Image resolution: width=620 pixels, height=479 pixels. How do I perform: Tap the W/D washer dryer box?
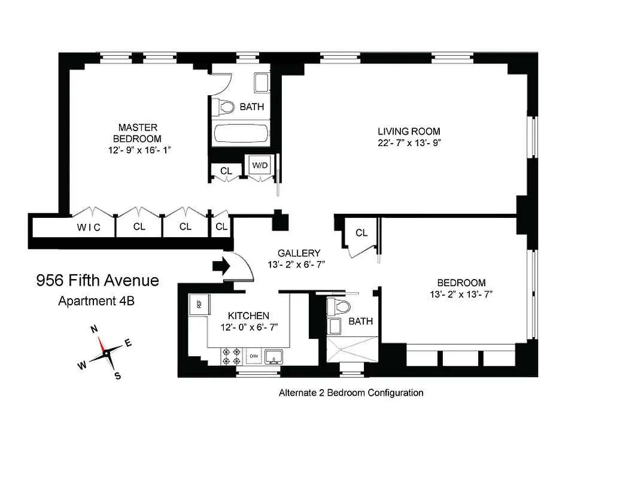260,165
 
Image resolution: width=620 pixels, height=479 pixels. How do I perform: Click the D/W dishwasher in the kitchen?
253,356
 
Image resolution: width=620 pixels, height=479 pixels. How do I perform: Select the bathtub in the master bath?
241,133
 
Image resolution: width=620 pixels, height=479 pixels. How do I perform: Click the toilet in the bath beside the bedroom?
340,307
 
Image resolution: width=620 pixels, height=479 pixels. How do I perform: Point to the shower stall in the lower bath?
353,349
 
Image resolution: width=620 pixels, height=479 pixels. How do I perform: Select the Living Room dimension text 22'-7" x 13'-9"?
409,143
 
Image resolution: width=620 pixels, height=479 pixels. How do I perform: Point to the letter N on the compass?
94,329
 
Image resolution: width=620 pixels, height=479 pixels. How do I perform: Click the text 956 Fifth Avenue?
98,280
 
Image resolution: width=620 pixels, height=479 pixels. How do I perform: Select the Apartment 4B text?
96,301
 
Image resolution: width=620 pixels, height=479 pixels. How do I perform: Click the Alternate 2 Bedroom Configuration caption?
351,393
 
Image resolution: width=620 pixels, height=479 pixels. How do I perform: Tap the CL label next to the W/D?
226,171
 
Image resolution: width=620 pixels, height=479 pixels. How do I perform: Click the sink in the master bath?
262,83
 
